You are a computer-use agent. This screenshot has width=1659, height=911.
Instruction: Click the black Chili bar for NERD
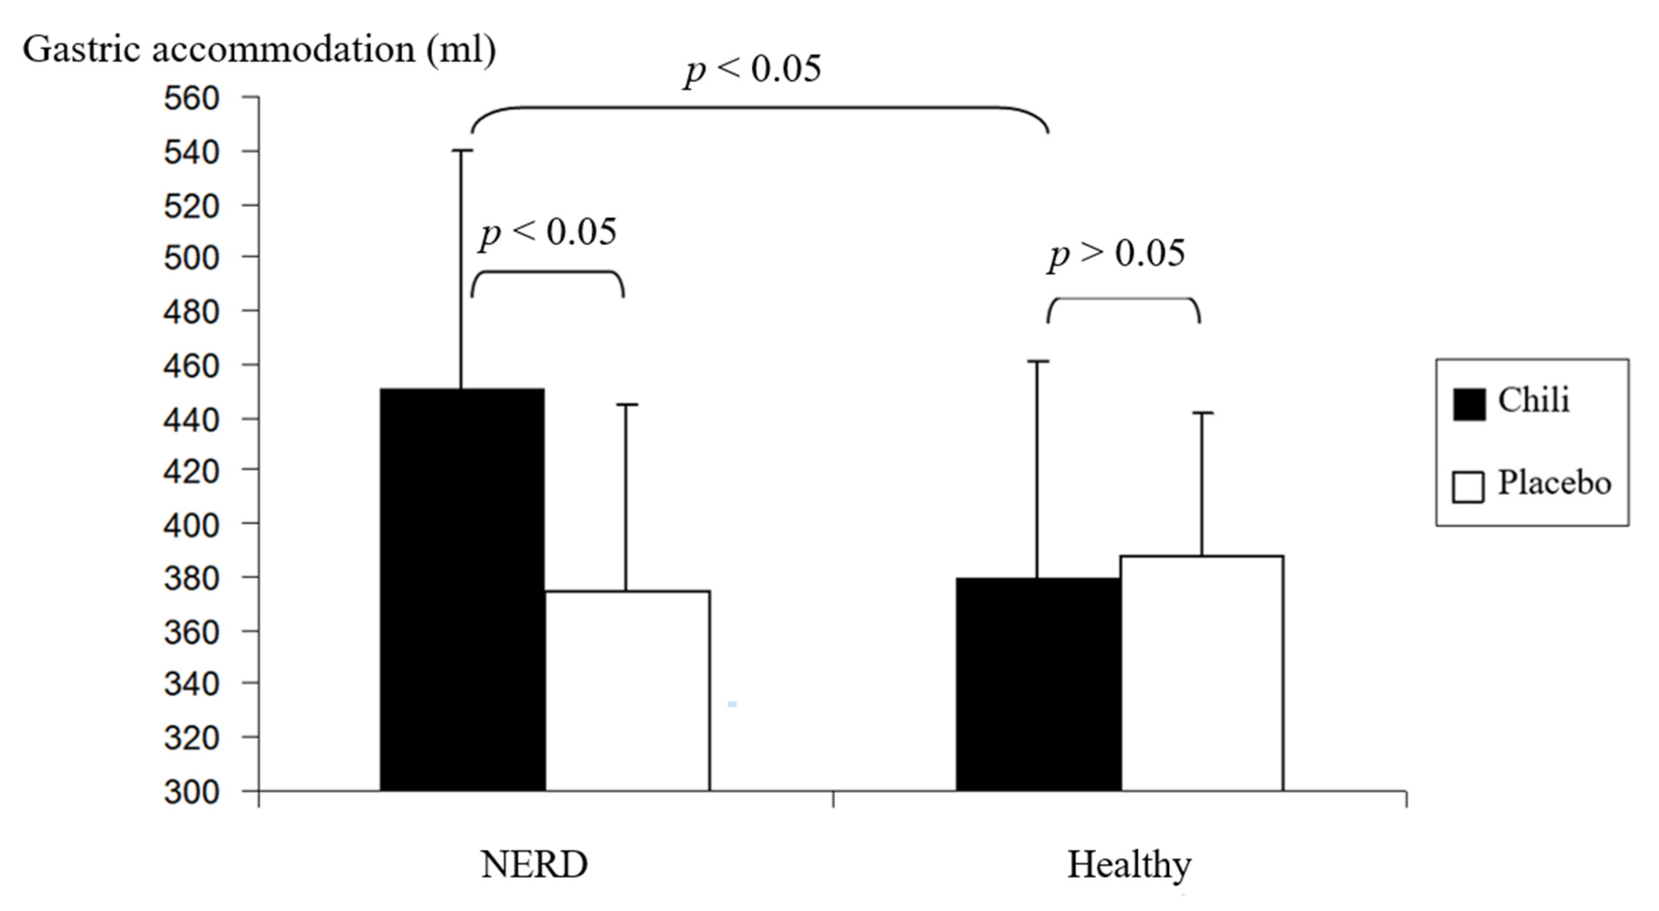tap(462, 589)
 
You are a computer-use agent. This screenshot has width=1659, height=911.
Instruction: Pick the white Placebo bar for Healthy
tap(1202, 673)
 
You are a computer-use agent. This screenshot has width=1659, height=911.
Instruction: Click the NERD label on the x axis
tap(534, 865)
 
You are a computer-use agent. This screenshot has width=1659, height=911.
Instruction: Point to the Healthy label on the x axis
tap(1129, 865)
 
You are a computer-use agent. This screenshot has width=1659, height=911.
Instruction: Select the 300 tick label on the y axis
tap(192, 792)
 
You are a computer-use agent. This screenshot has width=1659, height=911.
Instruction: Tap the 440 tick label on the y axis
tap(192, 420)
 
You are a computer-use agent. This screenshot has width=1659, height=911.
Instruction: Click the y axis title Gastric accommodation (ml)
tap(259, 49)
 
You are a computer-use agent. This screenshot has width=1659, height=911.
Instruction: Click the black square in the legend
tap(1469, 404)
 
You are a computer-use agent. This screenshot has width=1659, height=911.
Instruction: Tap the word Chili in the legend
tap(1533, 401)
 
